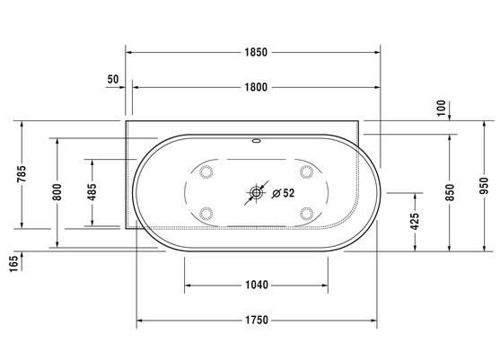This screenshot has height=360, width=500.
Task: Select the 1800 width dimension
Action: [x=256, y=87]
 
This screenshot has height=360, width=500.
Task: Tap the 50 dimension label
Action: [x=113, y=79]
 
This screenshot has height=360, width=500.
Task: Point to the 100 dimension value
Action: [x=441, y=107]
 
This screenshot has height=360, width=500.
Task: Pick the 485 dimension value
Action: [x=92, y=191]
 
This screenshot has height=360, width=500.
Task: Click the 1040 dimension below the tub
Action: [x=256, y=286]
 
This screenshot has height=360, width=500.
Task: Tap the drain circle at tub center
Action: [x=257, y=192]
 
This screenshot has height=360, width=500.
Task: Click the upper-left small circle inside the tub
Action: [x=207, y=171]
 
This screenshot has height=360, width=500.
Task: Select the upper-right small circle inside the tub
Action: [x=306, y=171]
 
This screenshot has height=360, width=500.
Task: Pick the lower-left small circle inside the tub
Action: [x=207, y=213]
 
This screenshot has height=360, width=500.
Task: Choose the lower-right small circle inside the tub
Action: [x=306, y=213]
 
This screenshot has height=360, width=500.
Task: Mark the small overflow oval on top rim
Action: [x=257, y=141]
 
